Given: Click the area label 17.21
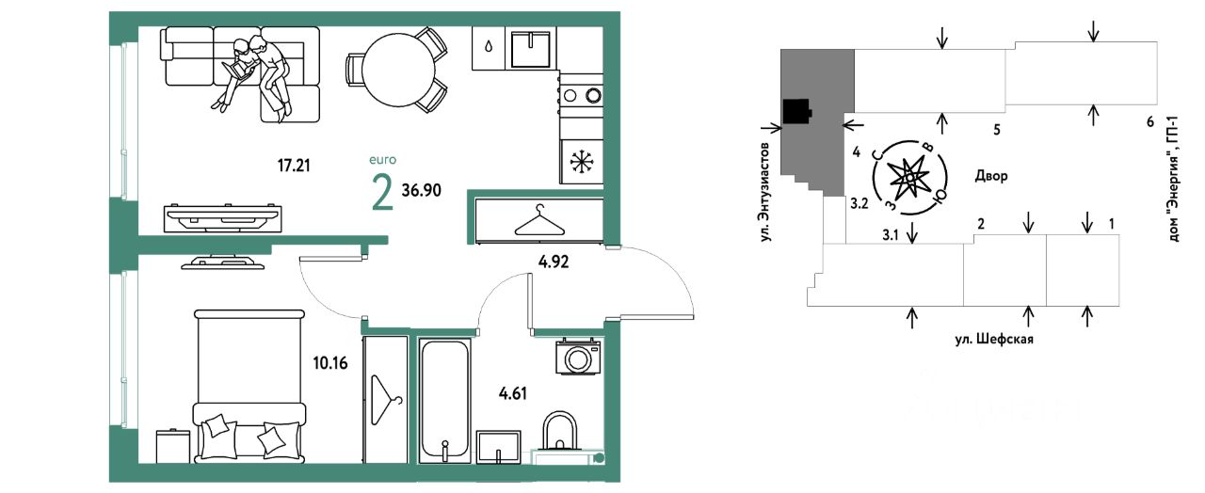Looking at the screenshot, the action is pos(294,167).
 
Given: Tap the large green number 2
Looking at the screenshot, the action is pos(382,194).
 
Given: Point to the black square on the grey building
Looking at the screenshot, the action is pos(798,111).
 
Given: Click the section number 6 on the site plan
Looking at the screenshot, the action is pos(1149,121).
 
